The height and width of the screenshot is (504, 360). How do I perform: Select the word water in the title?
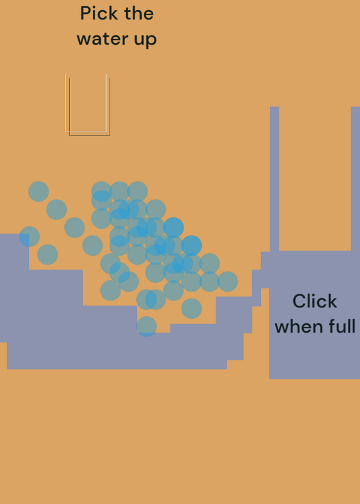pos(103,39)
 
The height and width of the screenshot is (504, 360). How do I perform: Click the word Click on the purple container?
pos(315,302)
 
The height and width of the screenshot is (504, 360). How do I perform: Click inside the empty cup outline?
pos(88,103)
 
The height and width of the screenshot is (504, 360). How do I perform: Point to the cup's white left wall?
pos(66,103)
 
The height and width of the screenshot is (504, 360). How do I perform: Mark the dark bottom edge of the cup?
pos(90,135)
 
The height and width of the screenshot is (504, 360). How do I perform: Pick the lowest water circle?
pos(146,326)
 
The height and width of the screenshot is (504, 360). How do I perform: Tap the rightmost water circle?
pos(228,282)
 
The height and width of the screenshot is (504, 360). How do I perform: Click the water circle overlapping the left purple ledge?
pos(30,237)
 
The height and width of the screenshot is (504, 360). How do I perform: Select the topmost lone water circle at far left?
pos(38,192)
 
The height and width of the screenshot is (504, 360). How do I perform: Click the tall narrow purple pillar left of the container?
pos(274,179)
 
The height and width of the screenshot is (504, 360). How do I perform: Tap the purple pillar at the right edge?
pos(355,179)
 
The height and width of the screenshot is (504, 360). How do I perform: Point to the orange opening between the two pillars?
pos(315,179)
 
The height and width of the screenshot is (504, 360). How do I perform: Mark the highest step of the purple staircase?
pos(15,251)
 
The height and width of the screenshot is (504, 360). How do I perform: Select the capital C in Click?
pos(299,302)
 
